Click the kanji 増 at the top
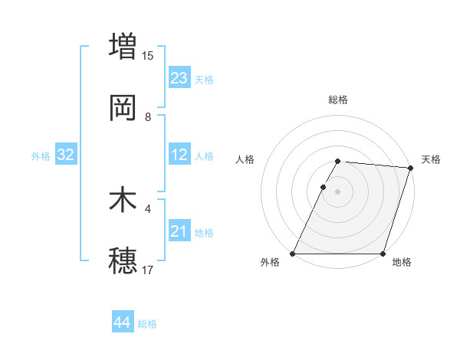[x=123, y=45]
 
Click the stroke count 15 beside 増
[x=148, y=55]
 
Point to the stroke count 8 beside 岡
[x=148, y=117]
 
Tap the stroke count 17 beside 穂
[x=148, y=270]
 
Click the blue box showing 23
[x=179, y=78]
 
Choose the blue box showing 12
[x=179, y=155]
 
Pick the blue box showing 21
[x=179, y=231]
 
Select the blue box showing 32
[x=66, y=155]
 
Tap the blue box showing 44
[x=123, y=322]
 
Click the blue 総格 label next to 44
[x=148, y=324]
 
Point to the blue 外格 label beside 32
[x=41, y=156]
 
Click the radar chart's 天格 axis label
[x=431, y=159]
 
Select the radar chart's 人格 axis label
[x=245, y=159]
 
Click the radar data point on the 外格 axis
[x=293, y=254]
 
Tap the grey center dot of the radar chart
[x=338, y=191]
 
